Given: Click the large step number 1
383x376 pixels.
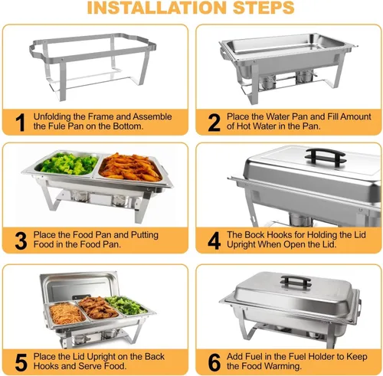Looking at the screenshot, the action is [x=20, y=123].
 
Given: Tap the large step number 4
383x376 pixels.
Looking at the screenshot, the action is [x=214, y=240].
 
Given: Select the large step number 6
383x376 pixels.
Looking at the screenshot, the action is [x=214, y=362].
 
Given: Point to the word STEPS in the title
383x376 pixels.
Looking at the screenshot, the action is [x=264, y=8].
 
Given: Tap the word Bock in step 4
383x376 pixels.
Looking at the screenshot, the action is [x=257, y=234].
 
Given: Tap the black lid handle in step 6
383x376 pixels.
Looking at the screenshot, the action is [x=296, y=281].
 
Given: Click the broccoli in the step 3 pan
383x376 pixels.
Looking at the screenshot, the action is [x=69, y=164].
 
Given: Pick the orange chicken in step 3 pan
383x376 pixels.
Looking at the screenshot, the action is [x=129, y=167].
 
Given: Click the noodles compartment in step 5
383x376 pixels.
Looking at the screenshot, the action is [x=67, y=313].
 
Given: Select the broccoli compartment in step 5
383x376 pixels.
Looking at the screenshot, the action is [x=126, y=305].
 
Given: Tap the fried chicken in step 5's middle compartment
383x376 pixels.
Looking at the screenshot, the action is [x=97, y=307].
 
